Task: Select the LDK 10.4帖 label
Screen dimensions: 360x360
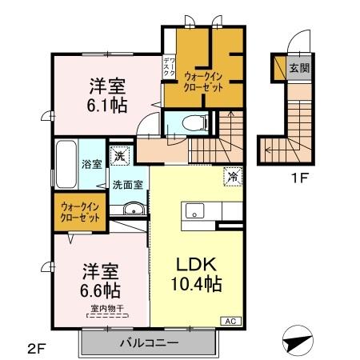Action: [x=195, y=273]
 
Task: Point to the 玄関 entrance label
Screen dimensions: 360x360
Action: [x=300, y=68]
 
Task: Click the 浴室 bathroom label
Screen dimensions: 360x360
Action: [x=90, y=165]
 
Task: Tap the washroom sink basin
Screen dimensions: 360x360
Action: [x=134, y=210]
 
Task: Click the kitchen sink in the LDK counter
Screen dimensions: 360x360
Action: [x=194, y=211]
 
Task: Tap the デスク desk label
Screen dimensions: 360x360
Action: [x=168, y=67]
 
